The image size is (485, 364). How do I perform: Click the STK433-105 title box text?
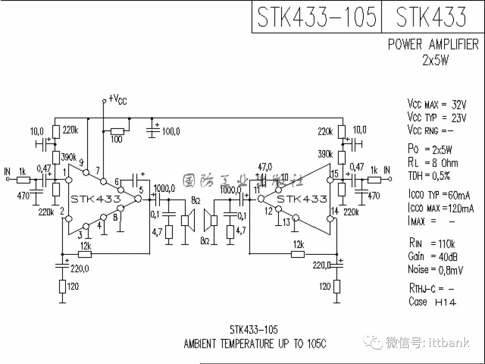[x=317, y=17]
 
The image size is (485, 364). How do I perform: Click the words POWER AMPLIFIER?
[x=433, y=44]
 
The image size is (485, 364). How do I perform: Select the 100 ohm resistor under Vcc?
[x=117, y=131]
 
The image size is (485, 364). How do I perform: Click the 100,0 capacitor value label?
[x=171, y=132]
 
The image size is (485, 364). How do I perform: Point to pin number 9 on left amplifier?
[x=81, y=162]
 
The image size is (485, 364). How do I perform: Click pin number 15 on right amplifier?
[x=334, y=173]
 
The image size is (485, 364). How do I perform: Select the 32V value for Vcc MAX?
[x=459, y=105]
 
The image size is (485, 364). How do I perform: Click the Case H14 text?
[x=432, y=302]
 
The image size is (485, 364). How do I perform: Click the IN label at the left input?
[x=7, y=171]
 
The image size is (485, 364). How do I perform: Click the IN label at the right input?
[x=387, y=170]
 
